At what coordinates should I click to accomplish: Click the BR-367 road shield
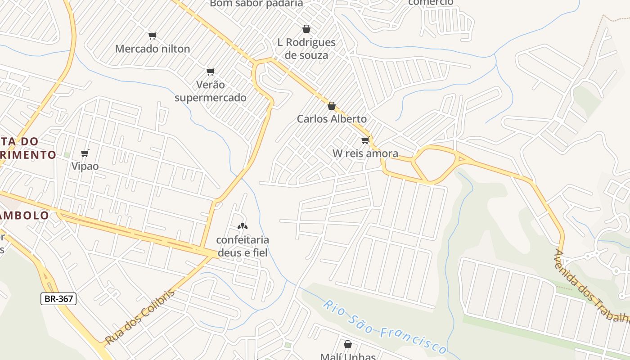click(x=58, y=298)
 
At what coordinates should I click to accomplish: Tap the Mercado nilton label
click(x=153, y=49)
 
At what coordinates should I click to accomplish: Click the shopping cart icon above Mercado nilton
click(x=152, y=36)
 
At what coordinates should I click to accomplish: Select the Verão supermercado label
click(x=211, y=91)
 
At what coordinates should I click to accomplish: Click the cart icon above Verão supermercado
click(x=210, y=72)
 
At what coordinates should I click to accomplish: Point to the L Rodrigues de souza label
click(x=306, y=49)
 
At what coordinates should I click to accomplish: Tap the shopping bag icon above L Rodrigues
click(x=306, y=29)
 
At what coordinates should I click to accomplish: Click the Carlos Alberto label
click(x=332, y=119)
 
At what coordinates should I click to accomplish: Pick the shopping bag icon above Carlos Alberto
click(x=332, y=106)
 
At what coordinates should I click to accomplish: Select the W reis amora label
click(x=365, y=153)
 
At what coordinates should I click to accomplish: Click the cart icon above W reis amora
click(x=365, y=140)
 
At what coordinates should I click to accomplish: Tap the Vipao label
click(x=85, y=166)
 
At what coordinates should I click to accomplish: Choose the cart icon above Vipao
click(x=85, y=153)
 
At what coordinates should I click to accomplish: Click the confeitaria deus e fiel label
click(x=243, y=246)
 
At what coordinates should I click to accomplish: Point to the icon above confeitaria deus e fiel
click(x=243, y=226)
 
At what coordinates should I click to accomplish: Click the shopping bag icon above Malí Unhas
click(x=348, y=345)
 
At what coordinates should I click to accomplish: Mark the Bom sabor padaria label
click(x=256, y=4)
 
